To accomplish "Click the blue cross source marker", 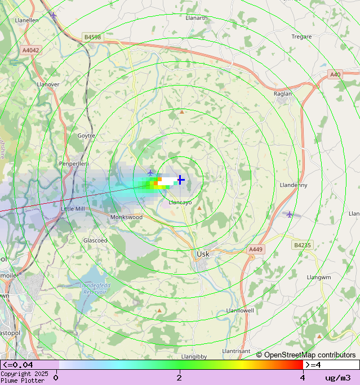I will (180, 180).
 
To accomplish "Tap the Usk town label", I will (203, 254).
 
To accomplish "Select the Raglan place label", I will (283, 94).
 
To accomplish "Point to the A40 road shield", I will (335, 74).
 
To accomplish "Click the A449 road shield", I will (256, 249).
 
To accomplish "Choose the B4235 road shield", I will (301, 245).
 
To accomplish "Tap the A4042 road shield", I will (31, 50).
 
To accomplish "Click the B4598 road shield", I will (92, 37).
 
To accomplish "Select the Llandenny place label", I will (294, 185).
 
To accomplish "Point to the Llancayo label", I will (180, 203).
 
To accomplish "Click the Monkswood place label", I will (126, 217).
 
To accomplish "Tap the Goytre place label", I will (86, 136).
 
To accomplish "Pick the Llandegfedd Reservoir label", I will (94, 289).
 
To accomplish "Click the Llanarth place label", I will (197, 18).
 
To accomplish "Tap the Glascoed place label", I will (95, 240).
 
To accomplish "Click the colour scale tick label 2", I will (179, 377).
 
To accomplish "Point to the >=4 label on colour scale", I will (313, 365).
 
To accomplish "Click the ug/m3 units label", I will (337, 378).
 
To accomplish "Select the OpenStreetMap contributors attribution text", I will (306, 355).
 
